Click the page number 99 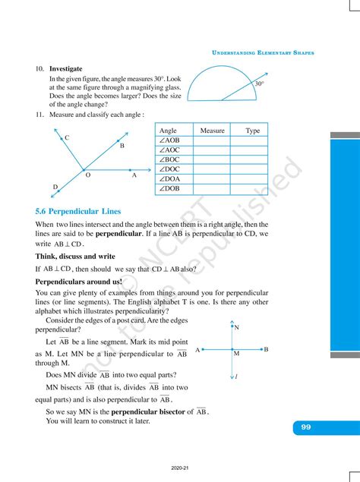305,427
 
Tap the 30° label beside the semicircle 260,83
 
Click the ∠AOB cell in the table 169,140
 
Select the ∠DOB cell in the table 169,188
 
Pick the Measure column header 212,131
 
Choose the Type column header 252,131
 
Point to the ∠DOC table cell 169,169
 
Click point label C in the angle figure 68,137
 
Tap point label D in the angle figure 55,187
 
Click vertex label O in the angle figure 87,175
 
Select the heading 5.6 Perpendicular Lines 78,211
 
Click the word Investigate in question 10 66,68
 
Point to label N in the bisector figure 237,328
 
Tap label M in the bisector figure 236,354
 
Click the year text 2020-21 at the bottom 181,468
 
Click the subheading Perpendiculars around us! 78,280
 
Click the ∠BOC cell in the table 169,159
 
